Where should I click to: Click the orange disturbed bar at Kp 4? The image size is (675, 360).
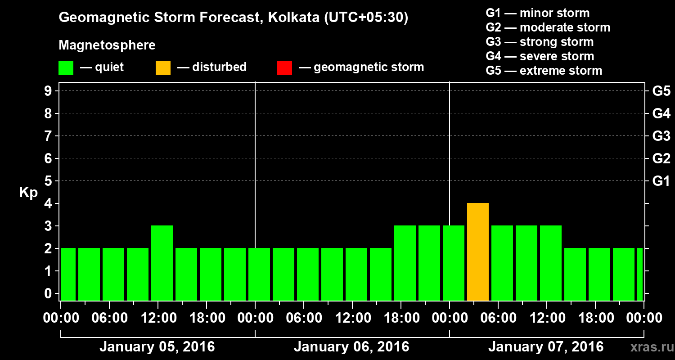pyautogui.click(x=478, y=252)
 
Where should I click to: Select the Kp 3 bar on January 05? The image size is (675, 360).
pyautogui.click(x=162, y=263)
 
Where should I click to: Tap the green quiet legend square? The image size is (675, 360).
pyautogui.click(x=66, y=68)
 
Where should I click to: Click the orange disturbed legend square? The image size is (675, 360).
pyautogui.click(x=163, y=68)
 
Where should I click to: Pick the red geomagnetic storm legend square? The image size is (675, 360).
pyautogui.click(x=284, y=68)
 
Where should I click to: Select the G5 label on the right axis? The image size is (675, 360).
pyautogui.click(x=661, y=91)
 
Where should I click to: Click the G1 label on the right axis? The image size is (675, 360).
pyautogui.click(x=661, y=181)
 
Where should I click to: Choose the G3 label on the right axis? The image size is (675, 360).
pyautogui.click(x=661, y=136)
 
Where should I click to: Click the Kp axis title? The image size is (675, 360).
pyautogui.click(x=28, y=193)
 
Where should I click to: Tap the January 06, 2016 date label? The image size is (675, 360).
pyautogui.click(x=351, y=347)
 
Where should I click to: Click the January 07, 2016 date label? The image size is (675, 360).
pyautogui.click(x=546, y=347)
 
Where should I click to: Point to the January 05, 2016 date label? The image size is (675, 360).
pyautogui.click(x=157, y=347)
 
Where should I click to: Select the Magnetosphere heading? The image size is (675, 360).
pyautogui.click(x=107, y=45)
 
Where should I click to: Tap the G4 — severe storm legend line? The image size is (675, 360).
pyautogui.click(x=540, y=56)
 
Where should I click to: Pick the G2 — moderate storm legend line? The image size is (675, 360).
pyautogui.click(x=548, y=27)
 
